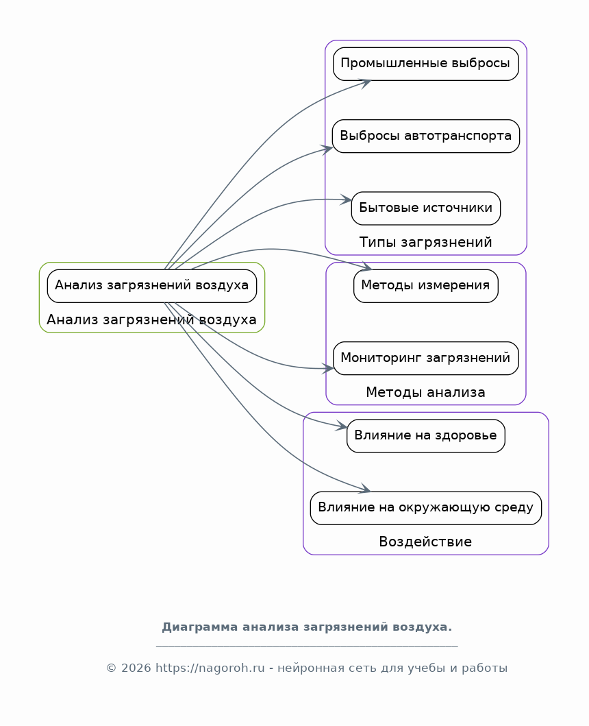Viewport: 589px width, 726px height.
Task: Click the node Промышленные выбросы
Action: coord(425,64)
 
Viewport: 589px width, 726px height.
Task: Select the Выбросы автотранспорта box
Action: coord(425,136)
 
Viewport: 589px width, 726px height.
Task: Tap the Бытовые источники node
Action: coord(425,208)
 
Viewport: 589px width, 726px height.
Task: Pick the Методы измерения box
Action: coord(425,285)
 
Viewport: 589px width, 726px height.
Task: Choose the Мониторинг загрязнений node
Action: coord(425,358)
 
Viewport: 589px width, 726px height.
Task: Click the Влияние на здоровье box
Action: coord(425,435)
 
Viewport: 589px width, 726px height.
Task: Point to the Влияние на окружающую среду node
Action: coord(425,508)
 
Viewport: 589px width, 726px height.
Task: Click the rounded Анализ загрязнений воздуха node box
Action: coord(151,285)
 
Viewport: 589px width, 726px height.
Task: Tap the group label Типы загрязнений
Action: coord(425,242)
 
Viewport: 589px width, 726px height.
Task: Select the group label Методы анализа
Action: coord(425,392)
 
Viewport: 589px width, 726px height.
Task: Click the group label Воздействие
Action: coord(425,542)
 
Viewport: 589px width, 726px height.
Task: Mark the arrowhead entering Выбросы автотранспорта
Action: coord(328,148)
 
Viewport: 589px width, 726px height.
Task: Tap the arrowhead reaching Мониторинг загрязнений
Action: coord(329,369)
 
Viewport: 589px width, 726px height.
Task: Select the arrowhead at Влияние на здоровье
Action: coord(343,427)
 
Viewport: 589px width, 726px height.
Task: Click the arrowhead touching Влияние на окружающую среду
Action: coord(366,490)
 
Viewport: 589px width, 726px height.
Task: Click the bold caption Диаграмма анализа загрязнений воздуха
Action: coord(307,627)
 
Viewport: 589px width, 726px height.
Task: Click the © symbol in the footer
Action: coord(111,668)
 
